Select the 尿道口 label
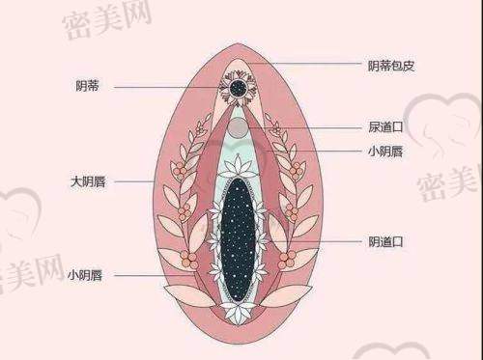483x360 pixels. tap(384, 126)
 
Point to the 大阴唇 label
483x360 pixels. tap(87, 180)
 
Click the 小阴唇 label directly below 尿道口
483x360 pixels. tap(384, 151)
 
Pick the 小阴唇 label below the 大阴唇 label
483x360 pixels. tap(87, 275)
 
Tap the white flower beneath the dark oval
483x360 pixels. tap(236, 312)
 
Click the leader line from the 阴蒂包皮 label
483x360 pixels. tap(309, 66)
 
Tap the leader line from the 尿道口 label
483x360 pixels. tap(309, 126)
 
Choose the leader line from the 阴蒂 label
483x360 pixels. tap(164, 86)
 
